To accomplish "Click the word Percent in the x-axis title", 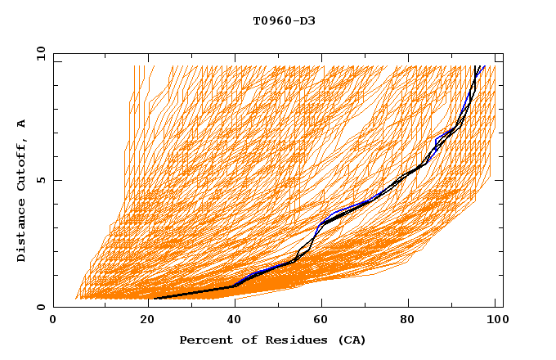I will click(x=205, y=340).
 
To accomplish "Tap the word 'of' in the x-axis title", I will click(x=246, y=340).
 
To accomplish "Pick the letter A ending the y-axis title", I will click(x=22, y=123).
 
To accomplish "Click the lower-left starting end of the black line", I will click(x=155, y=299).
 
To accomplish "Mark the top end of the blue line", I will click(x=485, y=66).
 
